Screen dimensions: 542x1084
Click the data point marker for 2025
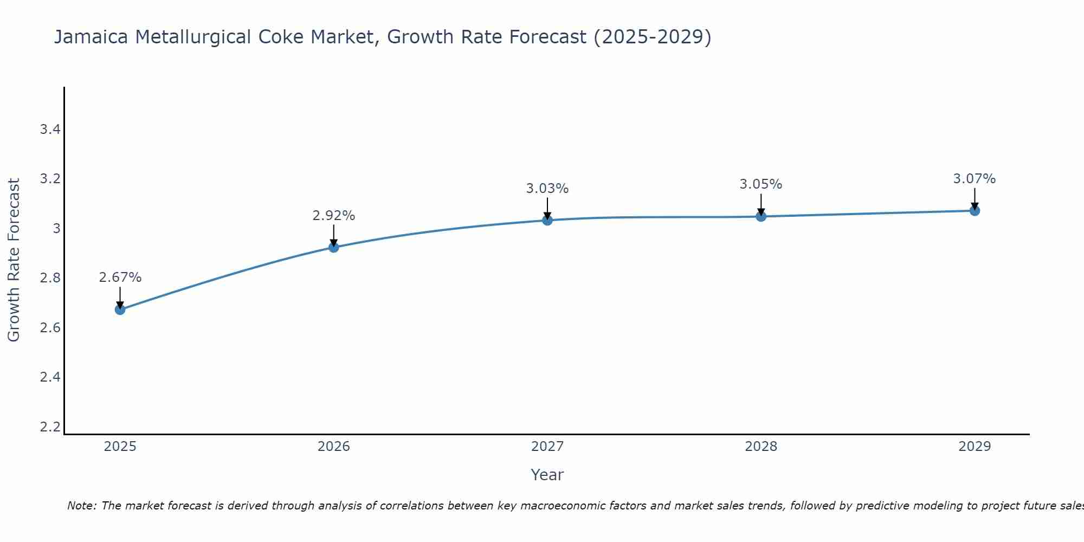(120, 309)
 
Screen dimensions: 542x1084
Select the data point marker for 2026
(334, 247)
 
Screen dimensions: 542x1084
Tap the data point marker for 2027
(547, 220)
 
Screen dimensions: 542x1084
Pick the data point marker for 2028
(761, 216)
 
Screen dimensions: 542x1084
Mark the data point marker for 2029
(975, 210)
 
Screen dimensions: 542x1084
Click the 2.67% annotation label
(120, 278)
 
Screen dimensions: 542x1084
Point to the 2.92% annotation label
(334, 216)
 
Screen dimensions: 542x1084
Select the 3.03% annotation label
(547, 189)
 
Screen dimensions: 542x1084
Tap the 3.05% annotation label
(761, 184)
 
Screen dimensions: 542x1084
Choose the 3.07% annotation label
(975, 179)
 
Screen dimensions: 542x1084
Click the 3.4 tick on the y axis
(50, 130)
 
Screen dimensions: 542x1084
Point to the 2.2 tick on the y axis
(50, 427)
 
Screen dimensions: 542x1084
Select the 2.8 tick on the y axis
(50, 278)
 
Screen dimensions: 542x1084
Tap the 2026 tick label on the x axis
(334, 447)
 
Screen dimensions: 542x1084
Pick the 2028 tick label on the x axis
(761, 447)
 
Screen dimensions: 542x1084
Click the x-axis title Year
(547, 475)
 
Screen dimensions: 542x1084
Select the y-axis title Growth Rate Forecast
(14, 260)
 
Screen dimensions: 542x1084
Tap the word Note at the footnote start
(81, 506)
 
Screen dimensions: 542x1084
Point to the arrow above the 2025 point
(120, 297)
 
